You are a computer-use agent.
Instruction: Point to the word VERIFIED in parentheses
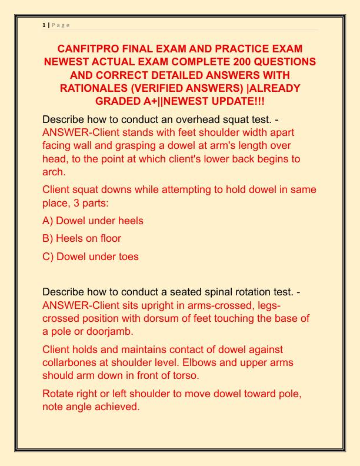click(174, 88)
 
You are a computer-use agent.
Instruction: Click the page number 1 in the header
click(44, 24)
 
